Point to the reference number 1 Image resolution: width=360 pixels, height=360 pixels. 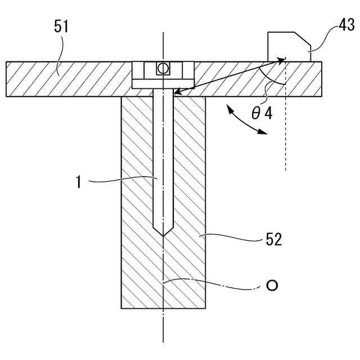(80, 181)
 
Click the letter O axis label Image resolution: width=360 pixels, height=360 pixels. (272, 286)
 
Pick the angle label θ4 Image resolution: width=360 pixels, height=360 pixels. (262, 114)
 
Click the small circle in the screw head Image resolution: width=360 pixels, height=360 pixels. (163, 69)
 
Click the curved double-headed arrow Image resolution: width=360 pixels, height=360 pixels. (246, 121)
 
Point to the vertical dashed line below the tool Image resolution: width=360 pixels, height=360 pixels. (286, 135)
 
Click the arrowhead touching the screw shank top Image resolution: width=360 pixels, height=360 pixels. (177, 92)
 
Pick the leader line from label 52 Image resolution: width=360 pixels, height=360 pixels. (231, 236)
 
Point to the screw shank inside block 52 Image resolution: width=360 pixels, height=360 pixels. (163, 169)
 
